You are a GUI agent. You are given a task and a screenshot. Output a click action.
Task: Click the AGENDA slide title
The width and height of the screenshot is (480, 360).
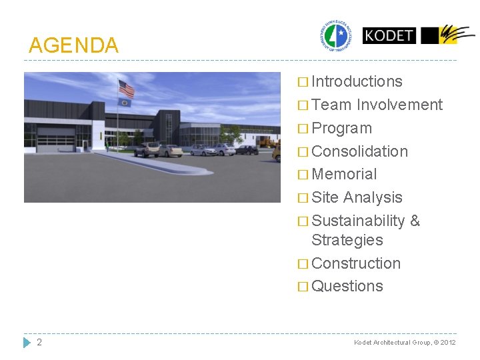(x=73, y=45)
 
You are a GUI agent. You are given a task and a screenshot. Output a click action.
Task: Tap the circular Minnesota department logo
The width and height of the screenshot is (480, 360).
(x=339, y=35)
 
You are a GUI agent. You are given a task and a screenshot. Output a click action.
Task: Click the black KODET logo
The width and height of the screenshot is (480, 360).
(x=389, y=35)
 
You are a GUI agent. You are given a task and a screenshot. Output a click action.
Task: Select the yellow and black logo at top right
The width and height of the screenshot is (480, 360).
(x=448, y=35)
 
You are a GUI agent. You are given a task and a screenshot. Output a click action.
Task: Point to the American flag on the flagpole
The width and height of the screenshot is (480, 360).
(x=126, y=89)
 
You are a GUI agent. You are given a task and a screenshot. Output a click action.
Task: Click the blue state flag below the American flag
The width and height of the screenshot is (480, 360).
(x=125, y=103)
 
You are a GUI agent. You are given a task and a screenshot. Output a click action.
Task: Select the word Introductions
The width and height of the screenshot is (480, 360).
(x=357, y=81)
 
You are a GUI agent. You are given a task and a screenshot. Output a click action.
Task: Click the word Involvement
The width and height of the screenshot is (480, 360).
(x=399, y=105)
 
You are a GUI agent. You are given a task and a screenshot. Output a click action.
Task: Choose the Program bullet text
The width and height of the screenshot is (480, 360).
(x=341, y=128)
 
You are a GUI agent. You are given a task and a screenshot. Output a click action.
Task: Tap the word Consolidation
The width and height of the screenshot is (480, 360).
(x=359, y=151)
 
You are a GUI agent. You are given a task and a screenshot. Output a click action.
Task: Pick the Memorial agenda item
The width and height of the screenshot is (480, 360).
(x=344, y=174)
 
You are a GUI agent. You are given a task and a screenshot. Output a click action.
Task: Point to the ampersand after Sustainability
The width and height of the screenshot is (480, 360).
(x=415, y=221)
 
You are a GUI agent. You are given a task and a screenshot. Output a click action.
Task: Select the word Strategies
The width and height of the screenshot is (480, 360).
(x=347, y=240)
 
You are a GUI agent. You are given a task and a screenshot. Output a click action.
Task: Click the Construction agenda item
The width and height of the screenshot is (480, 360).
(x=356, y=263)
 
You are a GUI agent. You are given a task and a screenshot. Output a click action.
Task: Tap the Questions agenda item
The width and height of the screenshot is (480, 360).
(x=347, y=286)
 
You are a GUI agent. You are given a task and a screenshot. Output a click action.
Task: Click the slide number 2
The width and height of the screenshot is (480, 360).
(x=39, y=342)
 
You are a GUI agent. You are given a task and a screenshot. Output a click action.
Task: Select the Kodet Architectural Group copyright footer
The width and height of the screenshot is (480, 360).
(x=405, y=343)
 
